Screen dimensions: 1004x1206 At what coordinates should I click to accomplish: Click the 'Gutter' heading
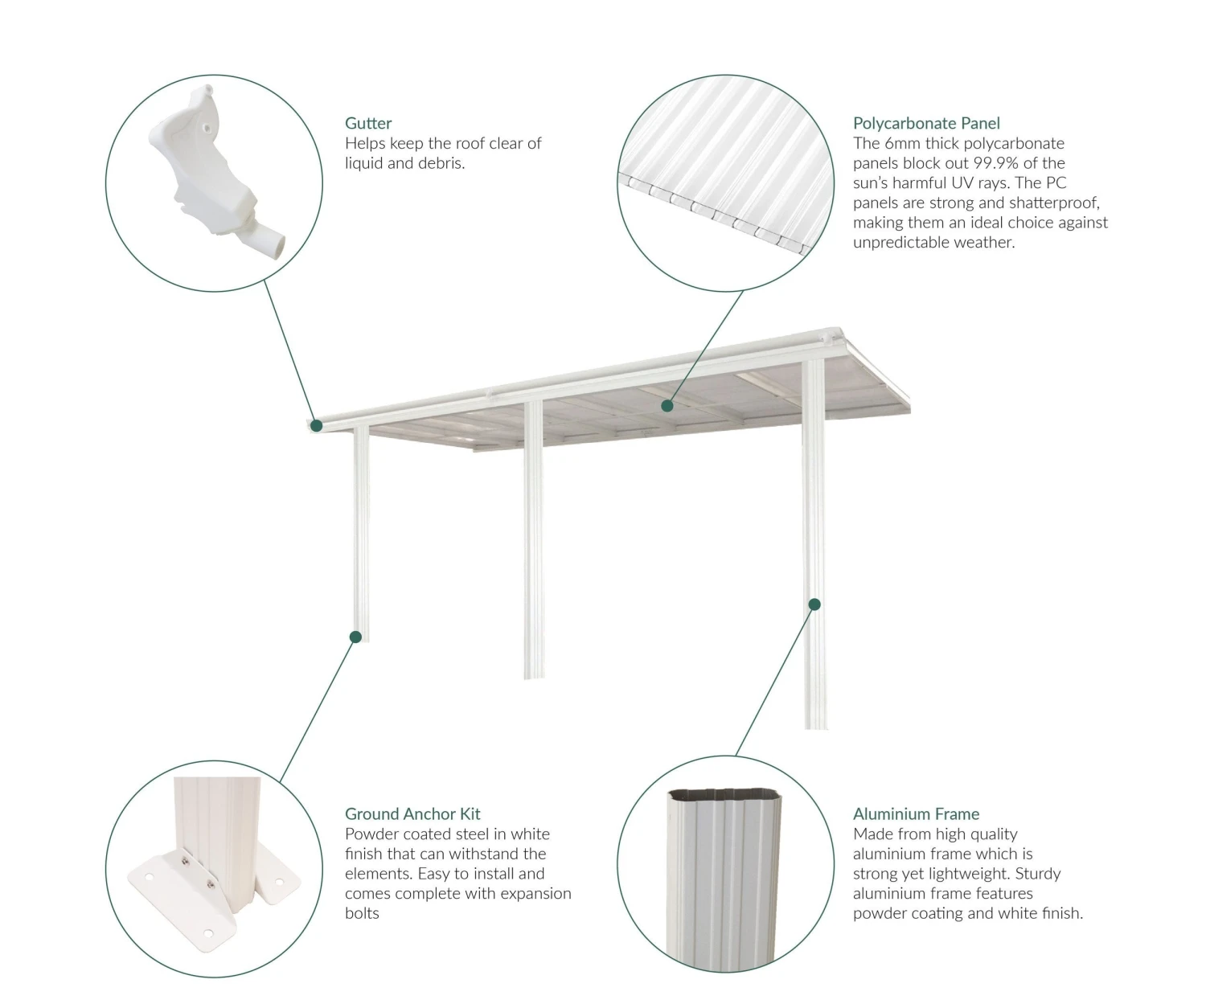[x=368, y=123]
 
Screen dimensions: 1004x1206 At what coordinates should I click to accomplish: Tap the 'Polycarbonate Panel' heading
[x=926, y=123]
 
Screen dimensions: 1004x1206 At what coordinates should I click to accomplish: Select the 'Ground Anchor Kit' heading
[x=412, y=813]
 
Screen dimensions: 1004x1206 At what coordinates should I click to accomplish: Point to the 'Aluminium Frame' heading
[x=916, y=813]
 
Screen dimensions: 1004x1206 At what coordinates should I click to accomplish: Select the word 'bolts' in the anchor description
[x=362, y=913]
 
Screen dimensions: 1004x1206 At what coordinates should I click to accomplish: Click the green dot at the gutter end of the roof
[x=316, y=425]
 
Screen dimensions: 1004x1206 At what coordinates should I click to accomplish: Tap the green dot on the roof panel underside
[x=667, y=406]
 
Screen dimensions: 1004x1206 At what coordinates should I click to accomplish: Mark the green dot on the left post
[x=355, y=637]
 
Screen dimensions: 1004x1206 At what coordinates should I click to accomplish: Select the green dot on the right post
[x=814, y=604]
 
